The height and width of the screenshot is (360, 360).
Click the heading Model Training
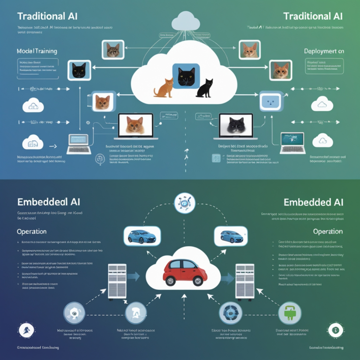coord(37,50)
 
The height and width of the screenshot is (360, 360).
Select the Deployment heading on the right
coord(324,51)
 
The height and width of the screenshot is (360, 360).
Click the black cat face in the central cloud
coord(186,75)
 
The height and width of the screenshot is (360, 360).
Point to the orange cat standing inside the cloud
coord(164,88)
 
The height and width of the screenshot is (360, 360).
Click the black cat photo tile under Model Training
coord(79,70)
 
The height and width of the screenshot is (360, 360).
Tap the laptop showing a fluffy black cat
coord(236,126)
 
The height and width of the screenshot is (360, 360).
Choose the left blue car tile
coord(142,236)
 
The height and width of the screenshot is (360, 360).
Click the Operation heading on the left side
coord(31,232)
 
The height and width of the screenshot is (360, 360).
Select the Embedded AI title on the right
coord(313,202)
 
